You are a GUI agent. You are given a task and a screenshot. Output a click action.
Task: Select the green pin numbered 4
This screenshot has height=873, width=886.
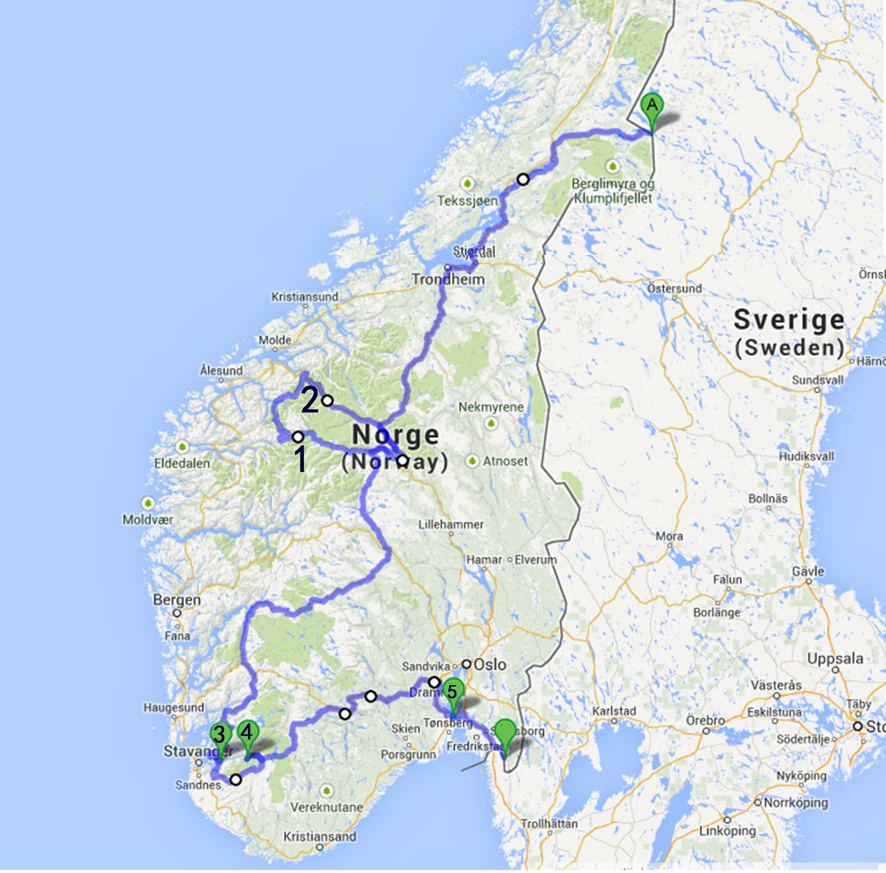247,733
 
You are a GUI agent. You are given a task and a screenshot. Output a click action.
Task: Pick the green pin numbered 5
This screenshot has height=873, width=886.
452,692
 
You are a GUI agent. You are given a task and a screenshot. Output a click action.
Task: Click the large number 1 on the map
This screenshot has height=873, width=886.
300,459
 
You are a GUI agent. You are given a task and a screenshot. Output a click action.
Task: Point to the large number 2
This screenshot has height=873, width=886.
310,400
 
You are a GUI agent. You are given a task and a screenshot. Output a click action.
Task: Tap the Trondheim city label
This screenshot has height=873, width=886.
447,279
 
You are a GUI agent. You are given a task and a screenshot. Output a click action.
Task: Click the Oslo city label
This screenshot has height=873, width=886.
490,664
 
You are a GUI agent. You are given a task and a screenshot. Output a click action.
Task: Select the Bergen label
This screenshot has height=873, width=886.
177,600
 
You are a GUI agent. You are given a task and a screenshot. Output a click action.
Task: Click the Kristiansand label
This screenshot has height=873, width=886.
320,836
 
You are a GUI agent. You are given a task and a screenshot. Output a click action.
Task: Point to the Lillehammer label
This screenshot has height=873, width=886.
451,524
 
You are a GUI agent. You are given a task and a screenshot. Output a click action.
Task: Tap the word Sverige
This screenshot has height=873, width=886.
789,320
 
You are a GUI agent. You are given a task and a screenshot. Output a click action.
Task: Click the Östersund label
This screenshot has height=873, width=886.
674,288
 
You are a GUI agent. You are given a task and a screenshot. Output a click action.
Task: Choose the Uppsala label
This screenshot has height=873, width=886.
835,659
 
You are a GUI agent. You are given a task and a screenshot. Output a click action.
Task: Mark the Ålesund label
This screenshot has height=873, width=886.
221,370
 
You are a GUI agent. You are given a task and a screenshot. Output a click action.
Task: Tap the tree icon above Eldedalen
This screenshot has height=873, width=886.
182,446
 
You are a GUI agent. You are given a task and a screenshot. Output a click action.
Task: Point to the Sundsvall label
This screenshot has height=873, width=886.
817,380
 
